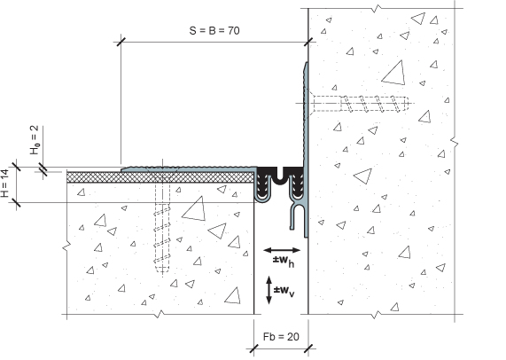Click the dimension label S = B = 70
pyautogui.click(x=214, y=31)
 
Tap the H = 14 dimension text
pyautogui.click(x=5, y=184)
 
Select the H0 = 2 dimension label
pyautogui.click(x=35, y=140)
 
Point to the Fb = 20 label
pyautogui.click(x=281, y=337)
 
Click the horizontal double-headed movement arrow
pyautogui.click(x=282, y=250)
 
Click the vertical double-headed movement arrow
pyautogui.click(x=269, y=290)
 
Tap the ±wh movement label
pyautogui.click(x=284, y=262)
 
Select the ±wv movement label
pyautogui.click(x=284, y=291)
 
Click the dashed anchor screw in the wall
pyautogui.click(x=358, y=104)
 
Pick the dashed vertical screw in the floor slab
pyautogui.click(x=162, y=223)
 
